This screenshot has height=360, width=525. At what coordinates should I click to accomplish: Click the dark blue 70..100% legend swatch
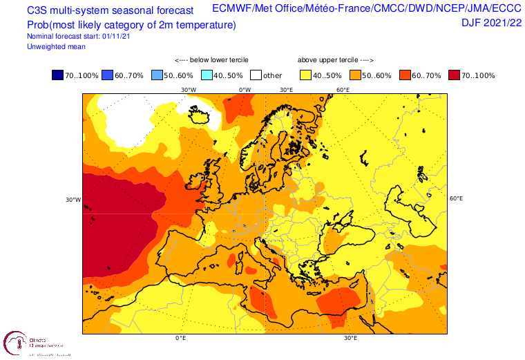click(57, 75)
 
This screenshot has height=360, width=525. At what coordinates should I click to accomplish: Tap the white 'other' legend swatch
click(256, 75)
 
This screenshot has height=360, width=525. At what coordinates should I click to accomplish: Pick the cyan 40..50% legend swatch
click(207, 75)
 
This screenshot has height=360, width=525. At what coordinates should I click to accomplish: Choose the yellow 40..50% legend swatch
click(306, 75)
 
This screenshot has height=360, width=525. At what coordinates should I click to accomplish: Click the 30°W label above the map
click(188, 90)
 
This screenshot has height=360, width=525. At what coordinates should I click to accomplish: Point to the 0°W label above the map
click(245, 90)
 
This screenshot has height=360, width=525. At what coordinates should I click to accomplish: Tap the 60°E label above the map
click(342, 90)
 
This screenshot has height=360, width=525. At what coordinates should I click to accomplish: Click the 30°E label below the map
click(350, 339)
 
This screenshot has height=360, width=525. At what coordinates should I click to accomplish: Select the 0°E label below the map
click(181, 339)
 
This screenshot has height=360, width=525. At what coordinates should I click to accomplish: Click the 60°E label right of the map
click(456, 198)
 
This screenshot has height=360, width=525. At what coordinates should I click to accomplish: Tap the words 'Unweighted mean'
click(56, 46)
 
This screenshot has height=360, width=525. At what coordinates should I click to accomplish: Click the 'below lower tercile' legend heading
click(211, 60)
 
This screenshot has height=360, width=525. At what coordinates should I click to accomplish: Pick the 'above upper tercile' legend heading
click(334, 60)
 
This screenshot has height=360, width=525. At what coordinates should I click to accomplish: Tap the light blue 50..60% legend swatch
click(157, 75)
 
